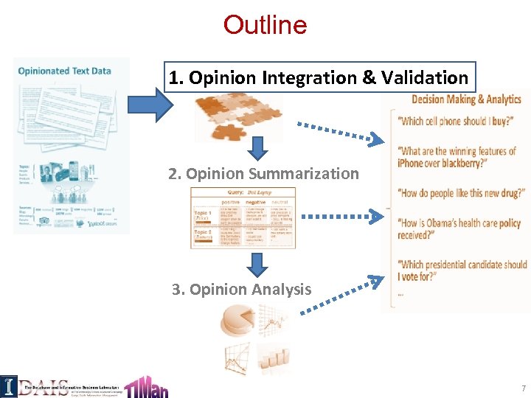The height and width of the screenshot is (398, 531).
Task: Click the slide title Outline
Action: pos(265,25)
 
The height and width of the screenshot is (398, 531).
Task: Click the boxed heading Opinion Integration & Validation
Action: pos(318,77)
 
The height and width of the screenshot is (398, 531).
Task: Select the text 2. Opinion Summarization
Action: pos(263,174)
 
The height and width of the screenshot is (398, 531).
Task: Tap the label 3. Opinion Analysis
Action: pos(241,289)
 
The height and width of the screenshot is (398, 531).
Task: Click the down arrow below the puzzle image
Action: pos(257,150)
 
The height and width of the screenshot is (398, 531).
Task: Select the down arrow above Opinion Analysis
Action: pos(257,264)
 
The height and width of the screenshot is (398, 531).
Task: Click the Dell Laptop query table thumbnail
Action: pos(243,217)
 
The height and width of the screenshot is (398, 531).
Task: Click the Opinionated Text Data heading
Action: pos(64,71)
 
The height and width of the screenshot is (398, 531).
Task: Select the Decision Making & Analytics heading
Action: pos(466,99)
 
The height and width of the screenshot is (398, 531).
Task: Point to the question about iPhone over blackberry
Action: pos(457,157)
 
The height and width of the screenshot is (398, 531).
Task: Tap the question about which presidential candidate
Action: pos(462,270)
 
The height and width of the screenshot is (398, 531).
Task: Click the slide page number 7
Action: pos(523,388)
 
